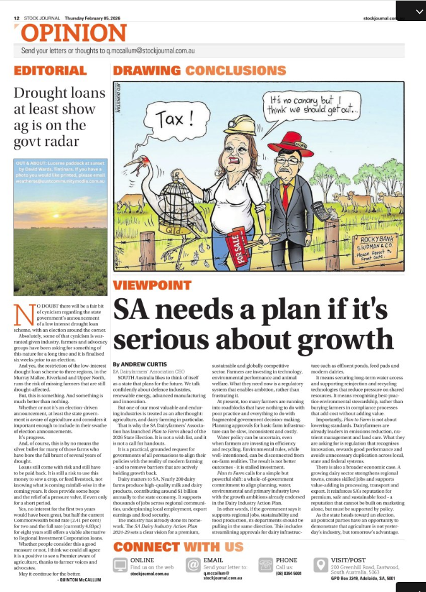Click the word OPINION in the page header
tap(65, 33)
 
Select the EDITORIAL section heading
tap(50, 70)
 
